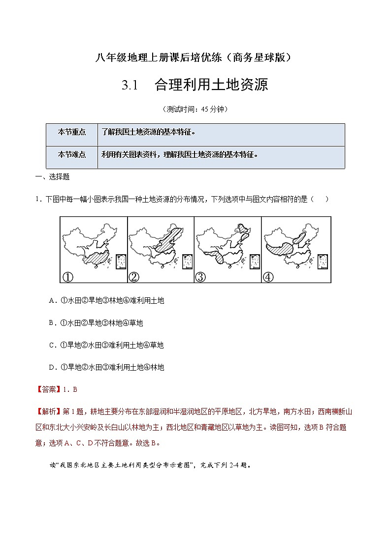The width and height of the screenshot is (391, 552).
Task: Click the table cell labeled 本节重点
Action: pos(71,132)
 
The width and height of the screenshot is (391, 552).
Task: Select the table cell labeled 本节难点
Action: pos(71,154)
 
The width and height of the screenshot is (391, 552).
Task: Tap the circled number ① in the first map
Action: pos(67,277)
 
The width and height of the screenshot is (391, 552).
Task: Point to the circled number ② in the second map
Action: pos(134,277)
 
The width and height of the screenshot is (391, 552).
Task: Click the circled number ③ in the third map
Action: pos(200,277)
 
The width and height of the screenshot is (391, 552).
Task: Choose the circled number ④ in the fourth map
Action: pos(268,277)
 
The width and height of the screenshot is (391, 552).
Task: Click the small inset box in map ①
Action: pos(121,261)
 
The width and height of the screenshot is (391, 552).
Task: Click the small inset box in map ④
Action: pos(323,261)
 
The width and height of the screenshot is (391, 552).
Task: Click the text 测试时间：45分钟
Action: pos(195,109)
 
